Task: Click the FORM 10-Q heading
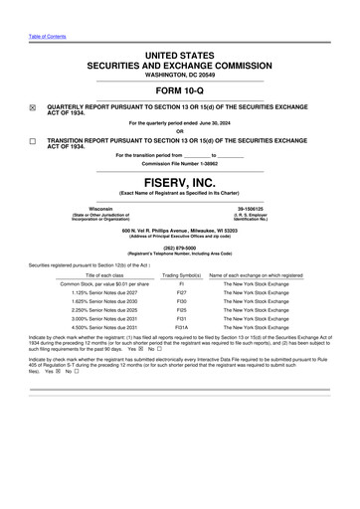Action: (180, 89)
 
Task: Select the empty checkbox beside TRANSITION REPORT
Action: (32, 142)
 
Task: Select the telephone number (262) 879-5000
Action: (180, 250)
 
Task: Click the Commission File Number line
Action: (180, 164)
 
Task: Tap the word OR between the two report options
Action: (180, 132)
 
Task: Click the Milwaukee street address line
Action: (180, 229)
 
